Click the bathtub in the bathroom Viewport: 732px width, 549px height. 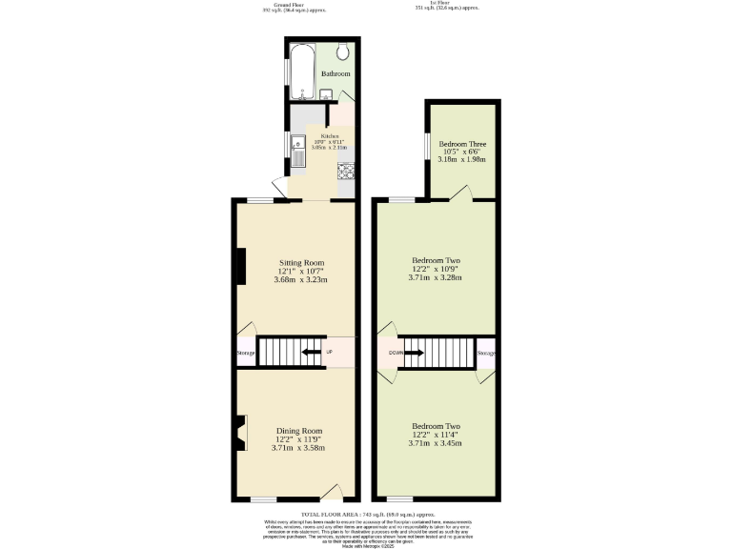(302, 71)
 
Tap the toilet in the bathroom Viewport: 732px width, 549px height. (343, 52)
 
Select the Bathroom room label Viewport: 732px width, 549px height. (335, 73)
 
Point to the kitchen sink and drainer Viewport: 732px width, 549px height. (298, 150)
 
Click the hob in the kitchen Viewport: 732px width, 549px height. (345, 172)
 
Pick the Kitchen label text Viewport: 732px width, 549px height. (330, 136)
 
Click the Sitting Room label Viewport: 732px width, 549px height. (300, 262)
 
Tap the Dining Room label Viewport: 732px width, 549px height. (299, 430)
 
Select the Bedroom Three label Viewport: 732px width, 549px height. (463, 144)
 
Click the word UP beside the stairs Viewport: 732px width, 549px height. (330, 353)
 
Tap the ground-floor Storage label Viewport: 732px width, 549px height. (246, 354)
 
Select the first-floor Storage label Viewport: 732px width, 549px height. (486, 354)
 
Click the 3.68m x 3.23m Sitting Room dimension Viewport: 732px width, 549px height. (300, 280)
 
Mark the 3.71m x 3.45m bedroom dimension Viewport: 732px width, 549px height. (436, 444)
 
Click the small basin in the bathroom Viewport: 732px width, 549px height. (326, 93)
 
